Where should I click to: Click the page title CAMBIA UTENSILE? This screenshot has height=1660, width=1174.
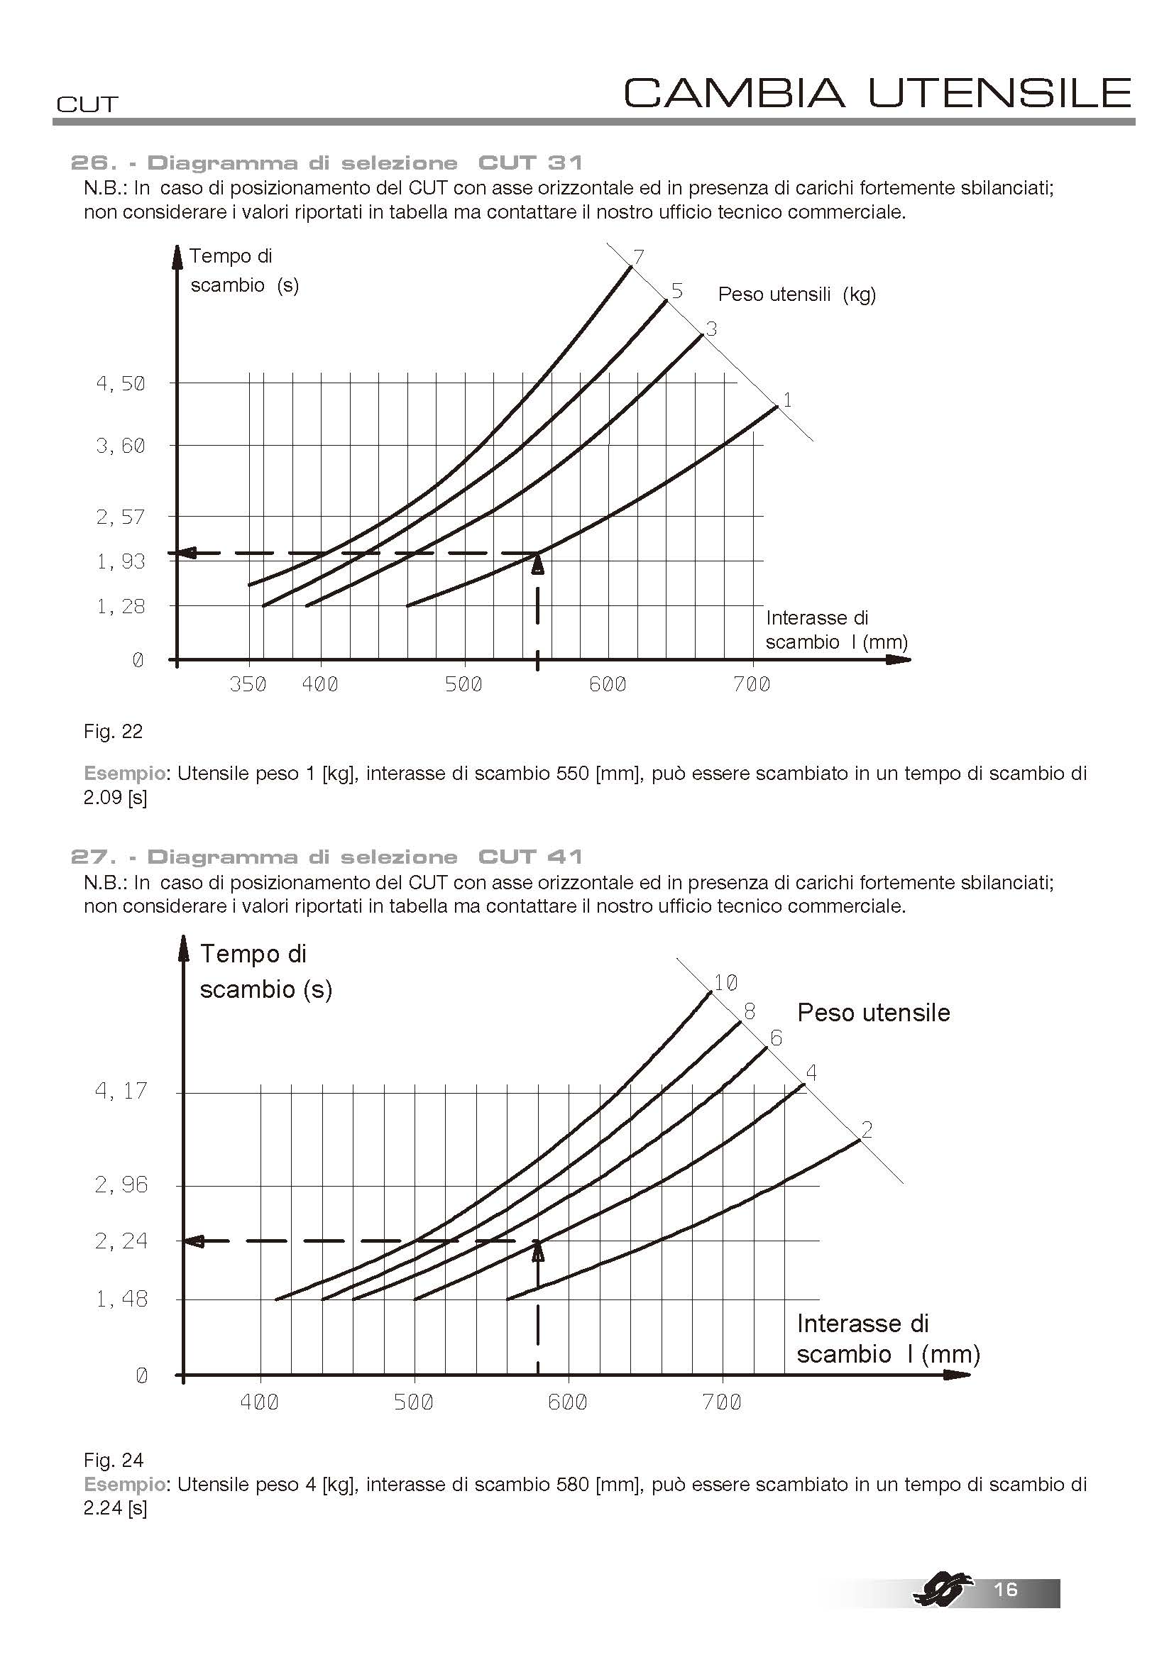coord(877,92)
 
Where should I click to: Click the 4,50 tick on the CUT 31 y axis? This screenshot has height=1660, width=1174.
coord(121,383)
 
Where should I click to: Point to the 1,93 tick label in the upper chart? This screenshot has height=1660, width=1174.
coord(121,561)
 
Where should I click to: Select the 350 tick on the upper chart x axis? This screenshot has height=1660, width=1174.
coord(248,684)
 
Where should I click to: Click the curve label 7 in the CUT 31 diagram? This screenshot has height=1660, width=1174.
coord(638,256)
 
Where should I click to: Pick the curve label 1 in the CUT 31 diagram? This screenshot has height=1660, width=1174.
coord(787,400)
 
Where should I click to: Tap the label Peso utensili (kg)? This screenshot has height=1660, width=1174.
coord(796,295)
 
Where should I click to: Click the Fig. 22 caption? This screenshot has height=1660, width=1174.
coord(113,732)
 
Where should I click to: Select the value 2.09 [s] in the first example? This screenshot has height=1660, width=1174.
coord(115,799)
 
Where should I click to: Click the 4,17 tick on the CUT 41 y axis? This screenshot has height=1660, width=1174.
coord(121,1090)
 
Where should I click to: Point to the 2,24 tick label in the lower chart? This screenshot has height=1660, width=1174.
coord(121,1241)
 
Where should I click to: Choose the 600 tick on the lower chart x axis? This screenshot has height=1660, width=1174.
coord(568,1402)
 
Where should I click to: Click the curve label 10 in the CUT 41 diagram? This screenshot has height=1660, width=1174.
coord(725,982)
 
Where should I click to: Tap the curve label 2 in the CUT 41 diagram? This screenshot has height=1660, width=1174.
coord(867,1129)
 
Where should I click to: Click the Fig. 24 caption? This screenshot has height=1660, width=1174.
coord(113,1461)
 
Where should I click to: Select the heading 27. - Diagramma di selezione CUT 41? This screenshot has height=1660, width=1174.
coord(327,857)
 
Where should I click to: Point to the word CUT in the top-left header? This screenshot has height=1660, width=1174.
coord(87,105)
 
